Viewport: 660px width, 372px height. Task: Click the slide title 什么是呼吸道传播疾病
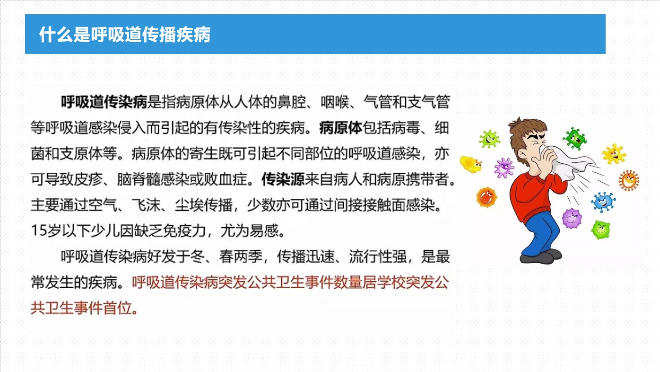click(125, 35)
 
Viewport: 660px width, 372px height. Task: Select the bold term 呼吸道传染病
click(104, 102)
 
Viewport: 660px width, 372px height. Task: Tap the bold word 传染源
click(283, 179)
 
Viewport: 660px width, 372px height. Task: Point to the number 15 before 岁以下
click(38, 230)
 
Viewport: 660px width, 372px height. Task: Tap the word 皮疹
click(88, 179)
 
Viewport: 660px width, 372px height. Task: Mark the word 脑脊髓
click(139, 179)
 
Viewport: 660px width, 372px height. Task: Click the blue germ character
click(603, 202)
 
